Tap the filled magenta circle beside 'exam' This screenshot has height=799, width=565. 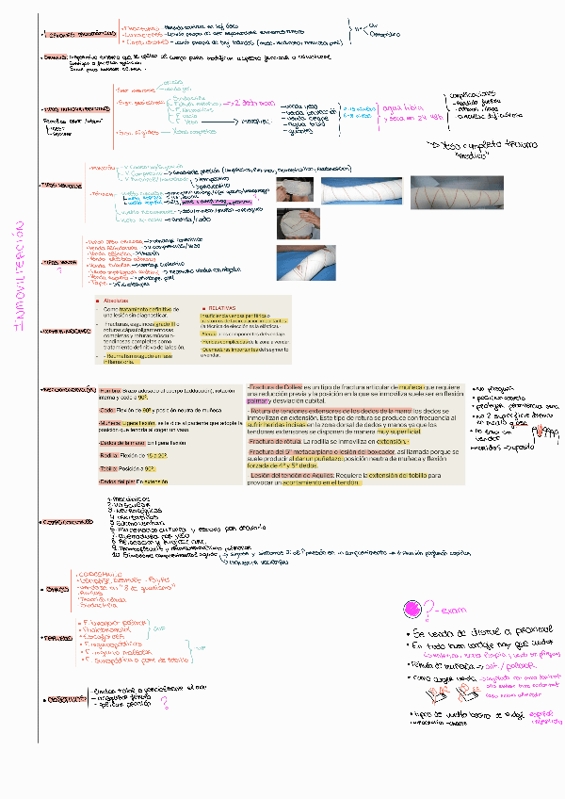(412, 610)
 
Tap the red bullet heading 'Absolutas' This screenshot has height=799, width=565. (117, 300)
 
